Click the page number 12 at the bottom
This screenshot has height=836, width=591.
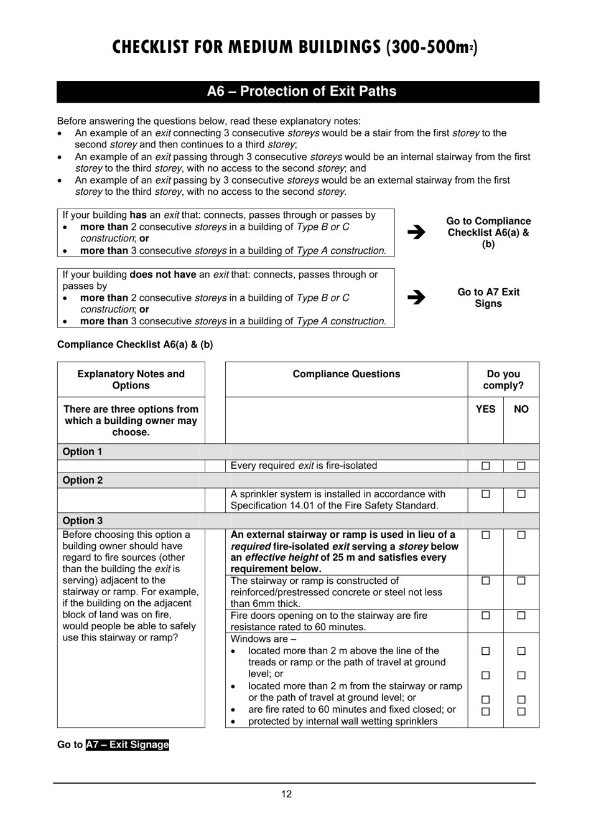pos(286,794)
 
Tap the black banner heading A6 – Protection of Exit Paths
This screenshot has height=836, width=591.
pos(301,92)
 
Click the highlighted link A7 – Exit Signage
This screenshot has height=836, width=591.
pos(128,744)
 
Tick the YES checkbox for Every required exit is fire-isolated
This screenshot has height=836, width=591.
pos(486,466)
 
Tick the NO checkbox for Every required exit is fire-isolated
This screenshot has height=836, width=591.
pos(521,466)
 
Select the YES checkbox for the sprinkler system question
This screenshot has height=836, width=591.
pos(486,494)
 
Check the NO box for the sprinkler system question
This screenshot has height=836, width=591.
pos(521,494)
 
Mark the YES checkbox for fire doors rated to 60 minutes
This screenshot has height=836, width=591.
pos(486,616)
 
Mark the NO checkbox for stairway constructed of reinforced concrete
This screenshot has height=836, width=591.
pos(521,581)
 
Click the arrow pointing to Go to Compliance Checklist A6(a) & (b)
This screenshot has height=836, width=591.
pos(416,232)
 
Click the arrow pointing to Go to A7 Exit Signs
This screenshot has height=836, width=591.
pos(416,297)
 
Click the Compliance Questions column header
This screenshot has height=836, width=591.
pos(347,374)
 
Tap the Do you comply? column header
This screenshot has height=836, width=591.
pos(503,380)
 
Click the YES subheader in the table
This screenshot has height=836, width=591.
pos(485,409)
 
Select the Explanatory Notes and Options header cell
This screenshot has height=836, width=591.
pos(131,380)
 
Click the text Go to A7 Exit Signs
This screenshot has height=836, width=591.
pos(488,298)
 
